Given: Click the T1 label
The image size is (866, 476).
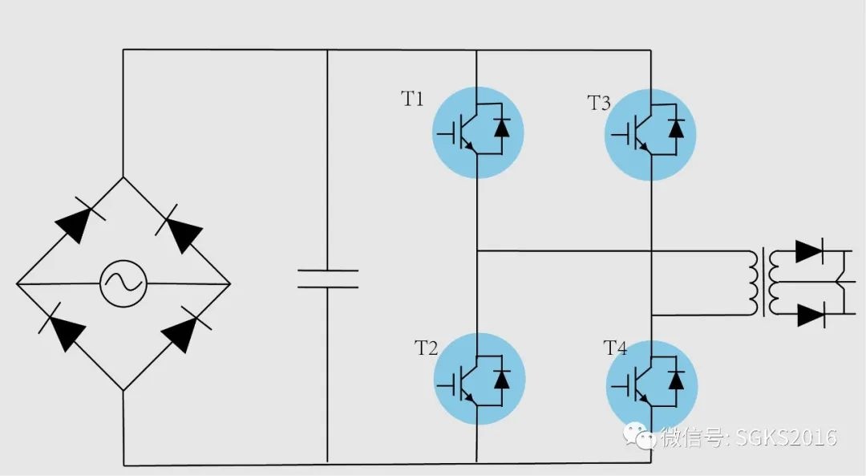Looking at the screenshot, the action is [x=412, y=99].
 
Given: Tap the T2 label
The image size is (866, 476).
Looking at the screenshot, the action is [x=426, y=348].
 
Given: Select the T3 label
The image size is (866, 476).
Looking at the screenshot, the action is [x=599, y=103].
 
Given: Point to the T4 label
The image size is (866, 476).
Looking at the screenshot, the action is [x=615, y=348].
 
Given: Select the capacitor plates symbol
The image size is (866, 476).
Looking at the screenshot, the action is [x=328, y=279].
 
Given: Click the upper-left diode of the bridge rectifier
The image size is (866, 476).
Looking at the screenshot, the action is [x=77, y=220].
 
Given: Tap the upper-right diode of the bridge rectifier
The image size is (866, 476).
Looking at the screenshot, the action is [x=180, y=229].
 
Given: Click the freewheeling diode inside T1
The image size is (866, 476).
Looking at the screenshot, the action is [x=501, y=128].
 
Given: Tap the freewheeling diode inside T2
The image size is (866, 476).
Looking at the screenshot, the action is [x=501, y=379].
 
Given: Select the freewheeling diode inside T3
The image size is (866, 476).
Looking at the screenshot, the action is [x=676, y=128].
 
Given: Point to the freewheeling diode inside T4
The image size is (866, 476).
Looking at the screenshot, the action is [x=676, y=380].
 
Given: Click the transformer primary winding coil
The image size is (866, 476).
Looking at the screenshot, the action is [x=755, y=283].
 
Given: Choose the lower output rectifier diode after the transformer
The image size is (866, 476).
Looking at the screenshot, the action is [x=811, y=315].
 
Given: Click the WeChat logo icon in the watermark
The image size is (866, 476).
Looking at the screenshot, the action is [x=639, y=436].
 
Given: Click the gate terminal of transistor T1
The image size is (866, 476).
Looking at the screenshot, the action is [x=448, y=134].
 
